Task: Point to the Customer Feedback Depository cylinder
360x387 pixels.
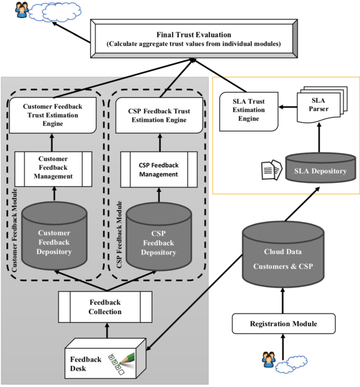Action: [54, 236]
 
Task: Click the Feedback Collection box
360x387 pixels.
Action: [106, 307]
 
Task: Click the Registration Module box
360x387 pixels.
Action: [283, 323]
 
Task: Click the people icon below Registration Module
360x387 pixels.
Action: [269, 359]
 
